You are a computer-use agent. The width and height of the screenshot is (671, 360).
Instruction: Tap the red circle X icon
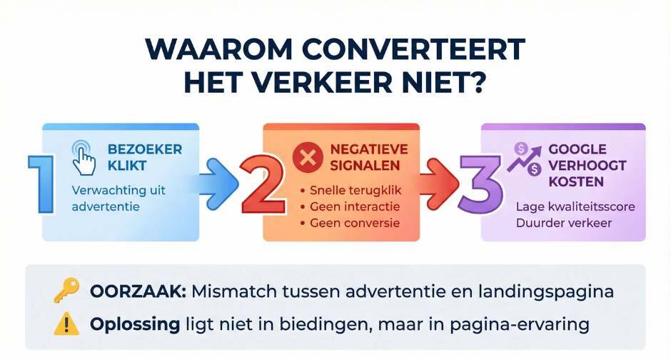coord(308,159)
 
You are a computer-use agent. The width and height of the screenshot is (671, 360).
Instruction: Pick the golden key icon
coord(66,292)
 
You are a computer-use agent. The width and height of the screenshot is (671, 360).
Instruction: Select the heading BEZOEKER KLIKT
coord(144,157)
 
